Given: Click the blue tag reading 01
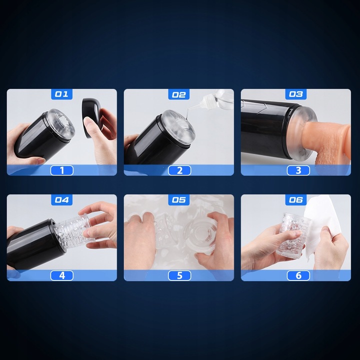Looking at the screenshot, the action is point(62,94).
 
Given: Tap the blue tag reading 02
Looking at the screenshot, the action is point(179,94).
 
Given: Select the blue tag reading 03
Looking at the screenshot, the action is point(296,94).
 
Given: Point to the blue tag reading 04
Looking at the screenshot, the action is point(62,199).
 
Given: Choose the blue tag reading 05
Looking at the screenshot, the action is point(179,199).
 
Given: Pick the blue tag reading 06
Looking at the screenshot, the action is point(296,199).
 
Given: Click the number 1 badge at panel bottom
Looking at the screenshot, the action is point(62,170).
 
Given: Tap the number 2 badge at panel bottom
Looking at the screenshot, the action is point(179,170).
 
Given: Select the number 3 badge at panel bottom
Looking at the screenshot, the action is point(298,170).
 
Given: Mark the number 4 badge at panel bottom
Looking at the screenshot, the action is point(62,275).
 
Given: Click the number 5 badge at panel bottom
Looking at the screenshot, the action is point(179,275).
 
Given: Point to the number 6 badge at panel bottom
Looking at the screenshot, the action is point(298,275).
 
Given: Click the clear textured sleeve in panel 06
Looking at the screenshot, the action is point(292,234).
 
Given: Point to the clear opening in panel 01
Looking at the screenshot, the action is point(61,123).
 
